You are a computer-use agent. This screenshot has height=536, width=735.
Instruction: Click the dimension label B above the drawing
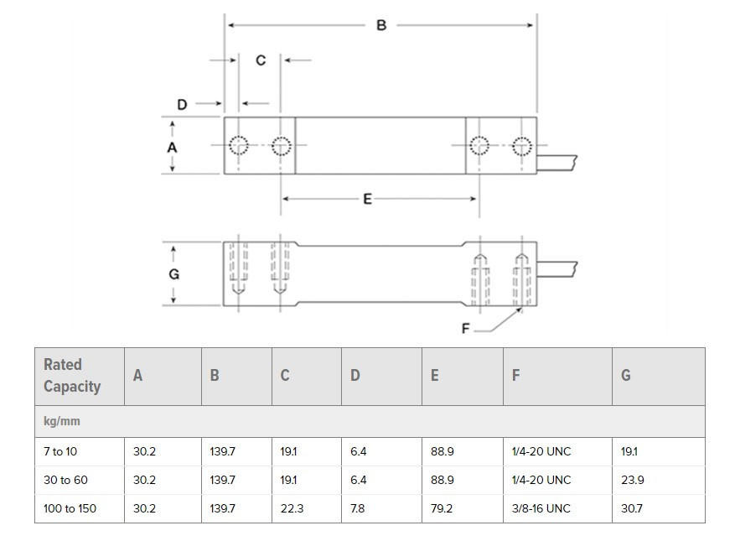click(381, 25)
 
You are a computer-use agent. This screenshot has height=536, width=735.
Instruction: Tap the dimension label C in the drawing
click(261, 60)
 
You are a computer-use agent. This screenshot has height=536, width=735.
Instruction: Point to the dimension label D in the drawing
click(182, 105)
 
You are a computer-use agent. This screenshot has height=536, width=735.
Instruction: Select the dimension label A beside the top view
click(173, 147)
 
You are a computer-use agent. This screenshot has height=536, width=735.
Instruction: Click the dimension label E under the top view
click(367, 199)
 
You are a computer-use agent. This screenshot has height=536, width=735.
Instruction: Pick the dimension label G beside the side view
click(173, 274)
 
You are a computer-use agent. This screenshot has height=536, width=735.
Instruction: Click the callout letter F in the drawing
click(466, 329)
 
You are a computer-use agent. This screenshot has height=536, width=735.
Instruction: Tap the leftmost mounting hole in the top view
click(239, 146)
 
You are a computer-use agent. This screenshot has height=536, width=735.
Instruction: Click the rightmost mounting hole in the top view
click(522, 146)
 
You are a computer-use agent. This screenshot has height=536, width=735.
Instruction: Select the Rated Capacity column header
click(72, 376)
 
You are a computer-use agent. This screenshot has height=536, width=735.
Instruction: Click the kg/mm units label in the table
click(62, 421)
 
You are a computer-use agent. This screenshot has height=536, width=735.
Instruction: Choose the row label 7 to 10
click(60, 451)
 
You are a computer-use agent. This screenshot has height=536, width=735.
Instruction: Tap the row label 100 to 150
click(70, 508)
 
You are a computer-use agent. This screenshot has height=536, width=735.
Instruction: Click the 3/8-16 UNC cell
click(541, 508)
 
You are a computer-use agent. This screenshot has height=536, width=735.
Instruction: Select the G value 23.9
click(631, 480)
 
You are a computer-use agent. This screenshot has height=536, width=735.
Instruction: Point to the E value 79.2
click(442, 508)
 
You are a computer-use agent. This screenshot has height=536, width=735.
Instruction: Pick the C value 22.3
click(291, 508)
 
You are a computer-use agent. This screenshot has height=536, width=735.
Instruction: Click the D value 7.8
click(358, 508)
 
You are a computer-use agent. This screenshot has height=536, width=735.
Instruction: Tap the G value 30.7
click(631, 508)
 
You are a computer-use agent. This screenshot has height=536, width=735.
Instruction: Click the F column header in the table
click(515, 376)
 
